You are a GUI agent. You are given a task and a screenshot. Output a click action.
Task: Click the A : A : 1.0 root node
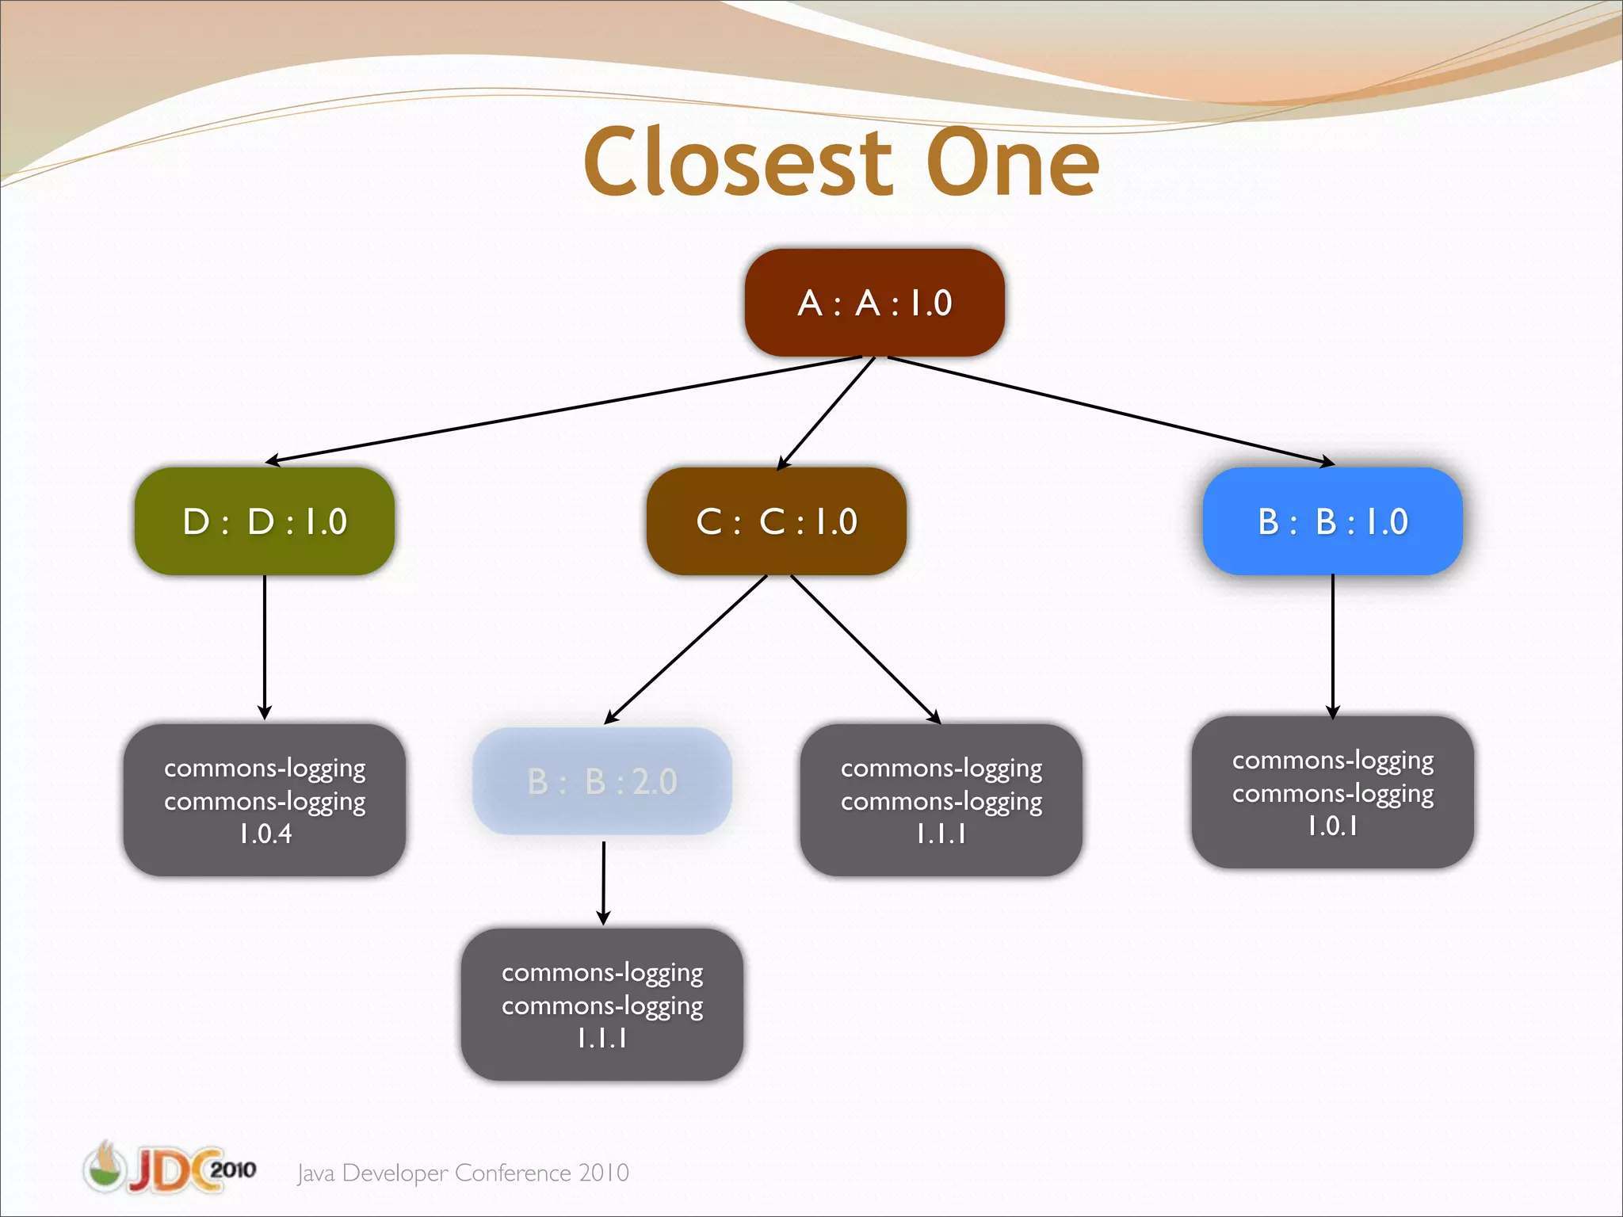tap(874, 303)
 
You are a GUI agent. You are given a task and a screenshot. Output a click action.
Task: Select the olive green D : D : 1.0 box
tap(265, 521)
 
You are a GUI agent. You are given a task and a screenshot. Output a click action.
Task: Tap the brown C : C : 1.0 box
tap(777, 521)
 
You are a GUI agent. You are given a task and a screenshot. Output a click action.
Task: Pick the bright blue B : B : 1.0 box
tap(1332, 521)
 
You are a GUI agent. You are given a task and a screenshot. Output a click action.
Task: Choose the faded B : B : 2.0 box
tap(602, 781)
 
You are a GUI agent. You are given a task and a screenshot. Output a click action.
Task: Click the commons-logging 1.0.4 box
tap(265, 799)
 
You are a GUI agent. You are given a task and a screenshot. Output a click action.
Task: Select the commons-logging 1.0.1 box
tap(1332, 792)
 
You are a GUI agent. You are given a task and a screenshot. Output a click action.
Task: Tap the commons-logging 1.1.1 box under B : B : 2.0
tap(602, 1004)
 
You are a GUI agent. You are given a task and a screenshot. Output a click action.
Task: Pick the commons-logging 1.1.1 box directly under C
tap(941, 799)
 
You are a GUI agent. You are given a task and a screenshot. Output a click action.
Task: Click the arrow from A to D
tap(563, 409)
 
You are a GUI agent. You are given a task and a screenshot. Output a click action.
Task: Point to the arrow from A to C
tap(826, 414)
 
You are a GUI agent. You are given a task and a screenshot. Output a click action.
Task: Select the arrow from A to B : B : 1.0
tap(1109, 410)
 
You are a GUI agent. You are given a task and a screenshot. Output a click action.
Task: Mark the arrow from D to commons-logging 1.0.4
tap(265, 646)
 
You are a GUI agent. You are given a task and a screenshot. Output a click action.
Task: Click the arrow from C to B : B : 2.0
tap(686, 649)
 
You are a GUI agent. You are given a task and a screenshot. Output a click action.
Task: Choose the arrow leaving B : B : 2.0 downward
tap(603, 881)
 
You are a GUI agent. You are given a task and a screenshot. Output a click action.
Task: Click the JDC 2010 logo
tap(170, 1169)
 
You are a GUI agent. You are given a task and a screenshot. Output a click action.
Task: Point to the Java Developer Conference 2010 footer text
tap(463, 1173)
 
